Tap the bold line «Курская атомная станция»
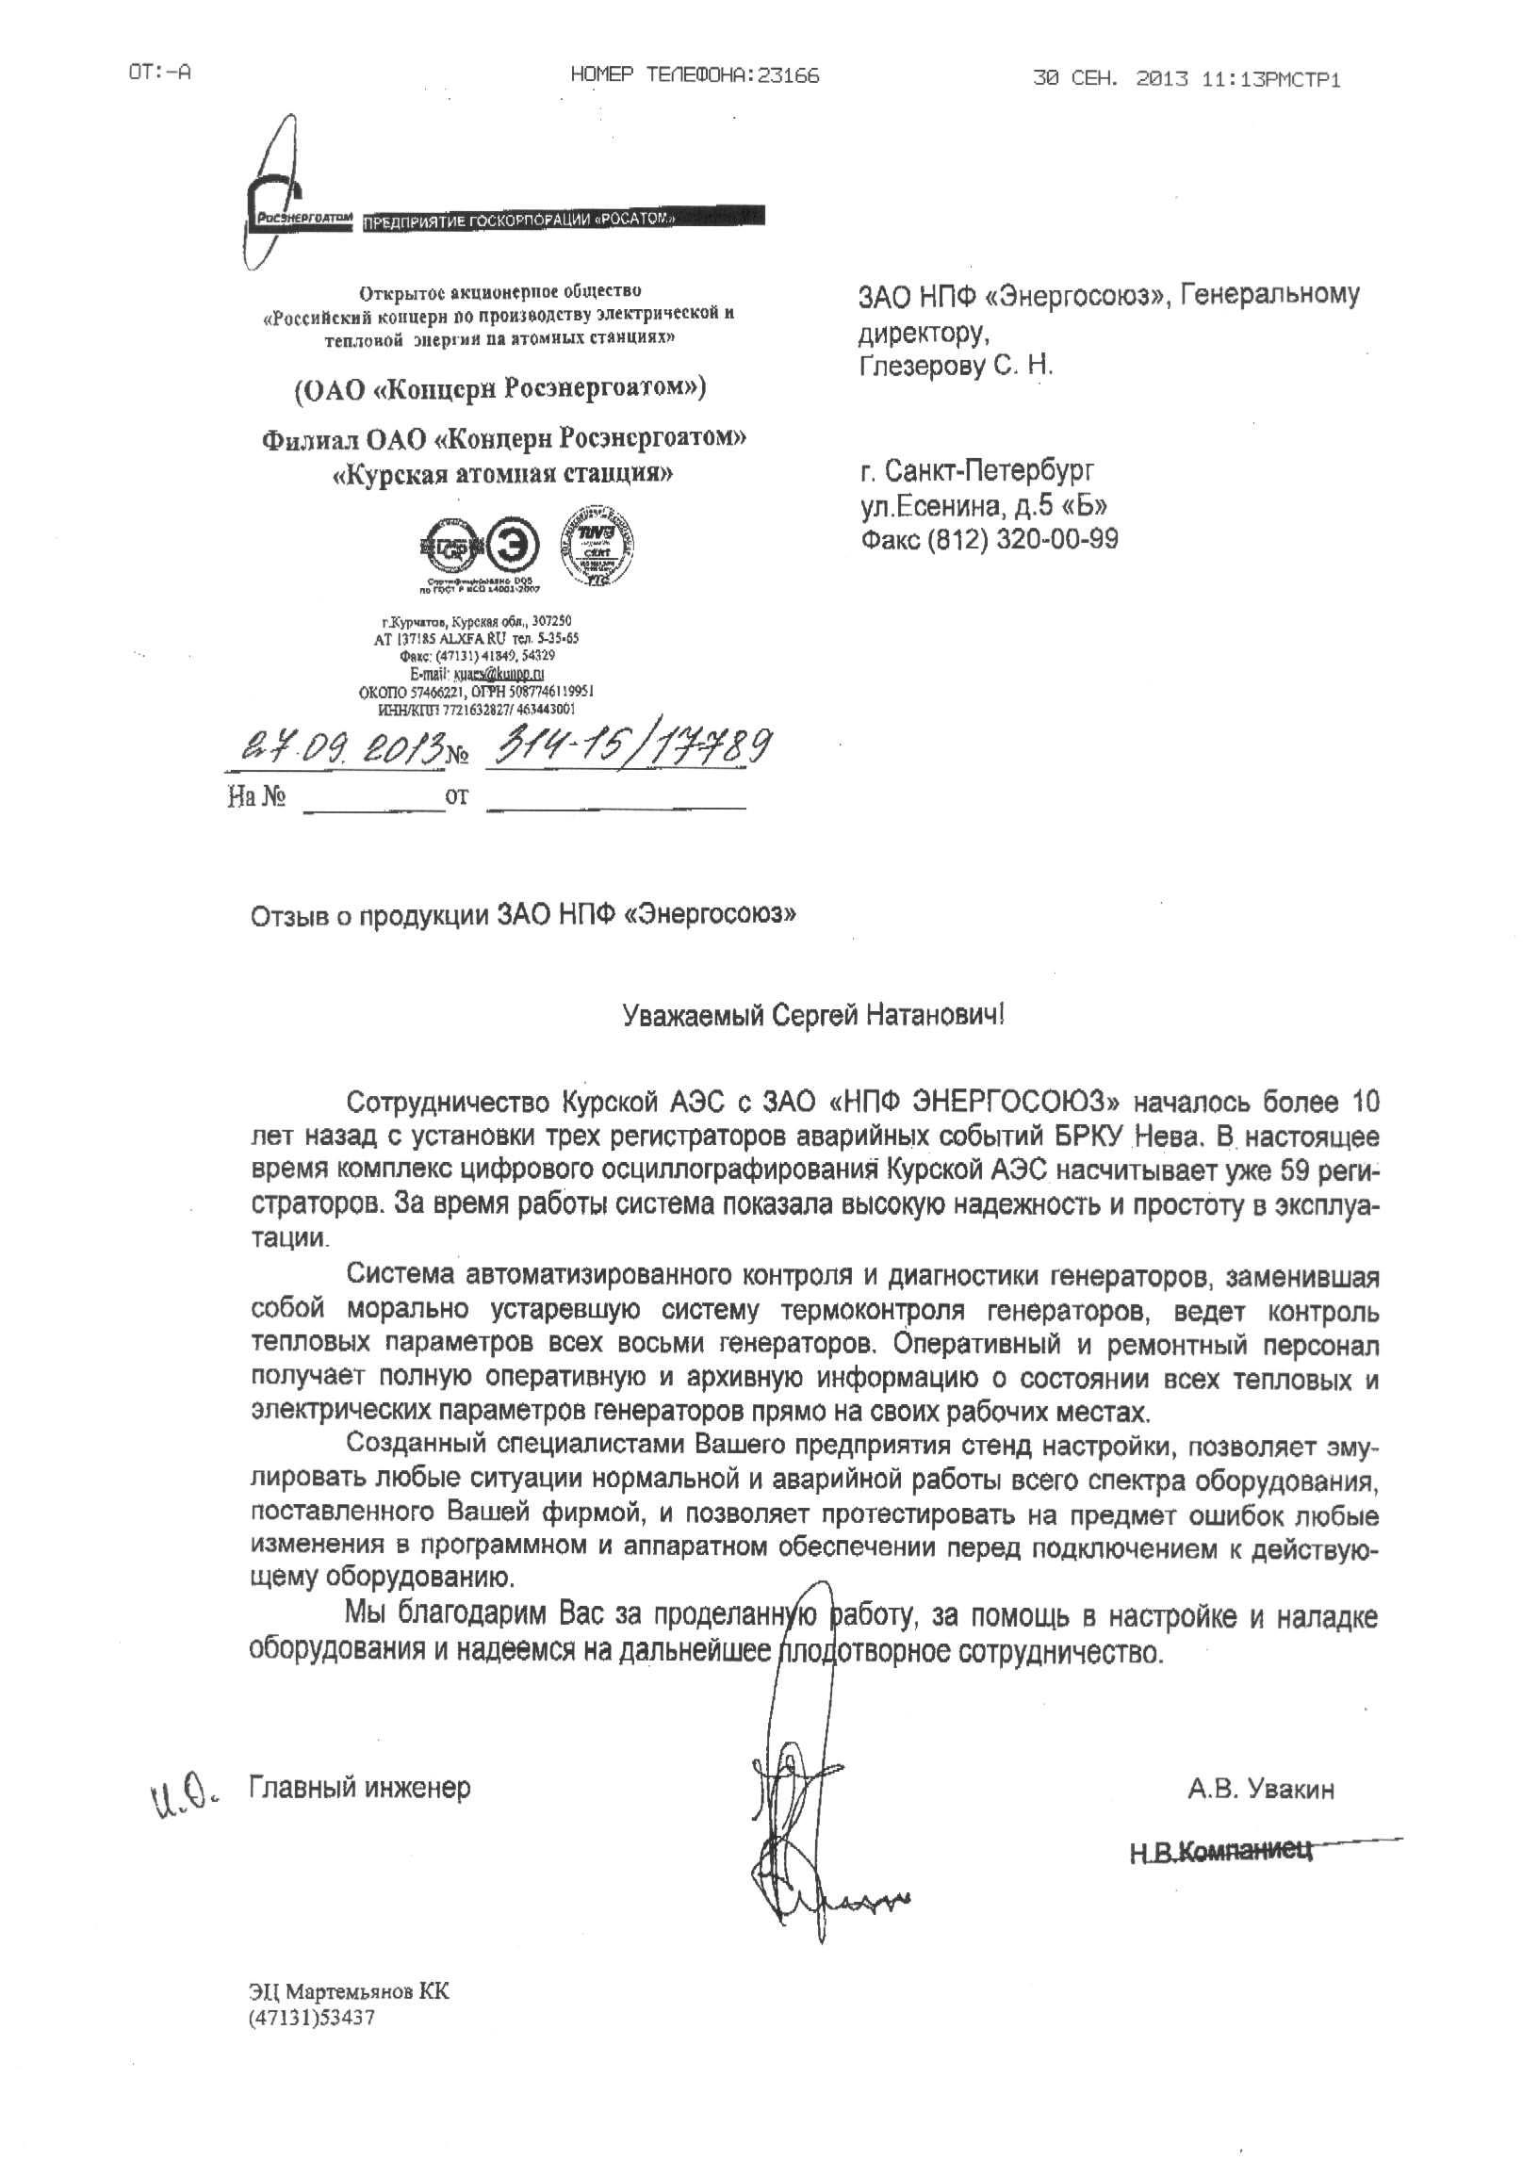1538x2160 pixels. click(x=504, y=473)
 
